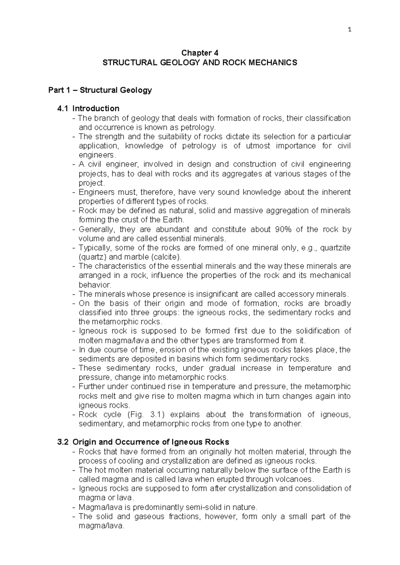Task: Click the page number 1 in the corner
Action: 349,30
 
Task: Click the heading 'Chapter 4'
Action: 200,53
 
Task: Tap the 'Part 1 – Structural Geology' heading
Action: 100,90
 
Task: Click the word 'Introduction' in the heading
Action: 96,108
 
